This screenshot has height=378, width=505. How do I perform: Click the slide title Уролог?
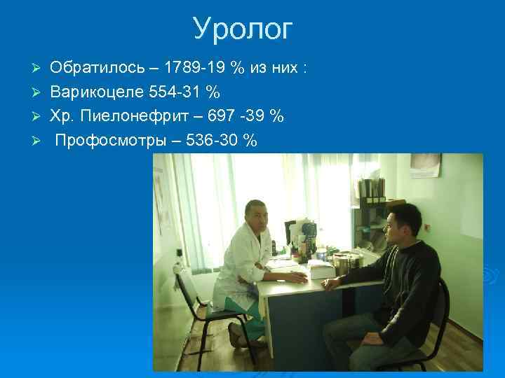(x=243, y=29)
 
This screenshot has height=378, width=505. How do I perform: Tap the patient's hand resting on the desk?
(x=328, y=282)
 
